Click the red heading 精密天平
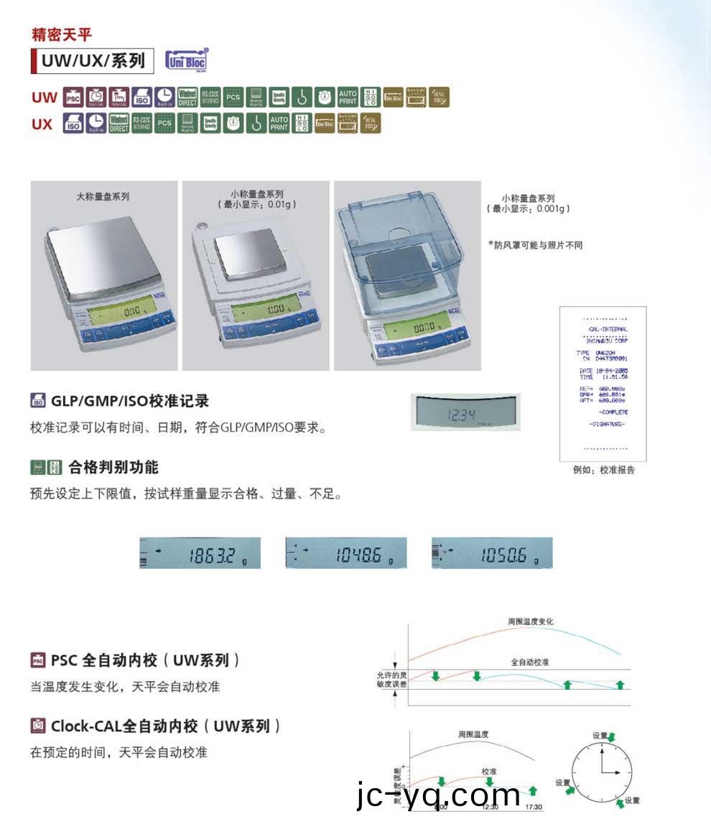[x=62, y=34]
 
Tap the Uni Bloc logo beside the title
[x=186, y=60]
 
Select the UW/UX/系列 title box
[x=93, y=60]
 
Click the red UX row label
[x=42, y=124]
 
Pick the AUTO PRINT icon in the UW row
[x=348, y=97]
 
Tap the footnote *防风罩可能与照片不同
[x=535, y=246]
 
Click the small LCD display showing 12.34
[x=465, y=413]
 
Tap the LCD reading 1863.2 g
[x=200, y=554]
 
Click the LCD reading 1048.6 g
[x=346, y=554]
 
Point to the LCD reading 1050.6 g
[x=493, y=554]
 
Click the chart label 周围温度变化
[x=530, y=622]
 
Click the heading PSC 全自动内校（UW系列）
[x=146, y=660]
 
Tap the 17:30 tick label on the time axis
[x=534, y=808]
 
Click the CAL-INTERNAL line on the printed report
[x=608, y=329]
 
